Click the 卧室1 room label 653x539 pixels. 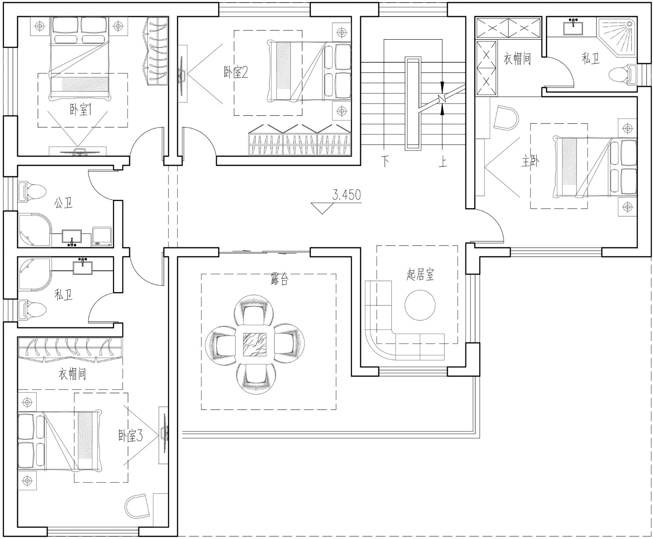(81, 109)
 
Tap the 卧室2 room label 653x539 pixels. (236, 72)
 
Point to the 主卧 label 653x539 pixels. (530, 162)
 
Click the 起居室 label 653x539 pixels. (421, 274)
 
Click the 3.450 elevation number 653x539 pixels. (347, 195)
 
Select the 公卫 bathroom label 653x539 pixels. (64, 203)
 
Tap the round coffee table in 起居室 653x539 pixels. (420, 305)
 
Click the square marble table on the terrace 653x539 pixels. (255, 344)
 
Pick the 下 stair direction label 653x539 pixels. (385, 162)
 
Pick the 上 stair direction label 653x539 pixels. (443, 162)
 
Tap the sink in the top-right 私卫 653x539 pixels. (573, 27)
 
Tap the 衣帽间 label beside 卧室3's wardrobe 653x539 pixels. (72, 374)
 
